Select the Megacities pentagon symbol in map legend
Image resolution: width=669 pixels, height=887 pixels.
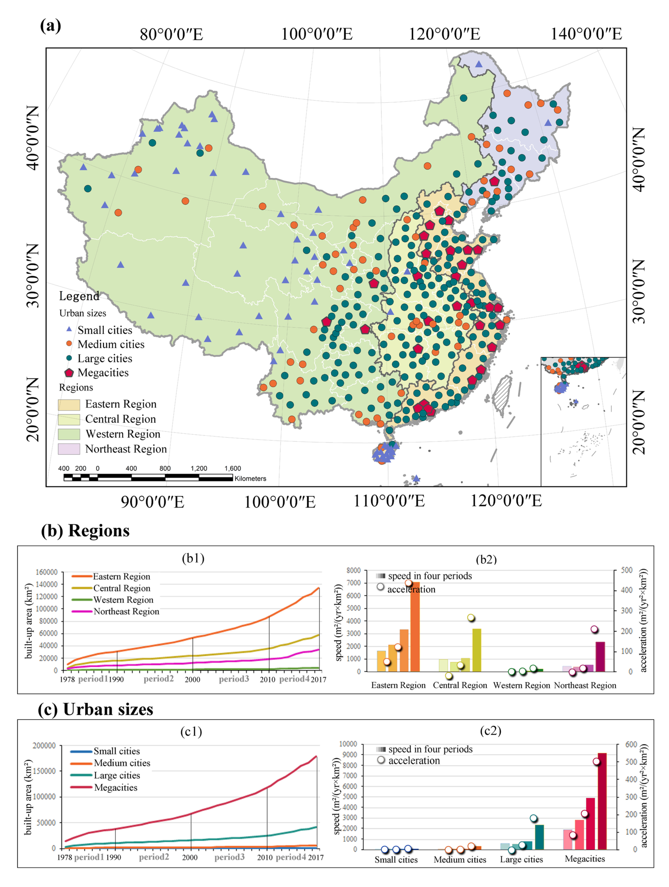click(69, 373)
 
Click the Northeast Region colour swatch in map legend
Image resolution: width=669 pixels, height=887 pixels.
click(69, 449)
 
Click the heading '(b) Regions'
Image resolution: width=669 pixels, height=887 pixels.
click(85, 531)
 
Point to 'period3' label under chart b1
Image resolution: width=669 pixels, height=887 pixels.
click(234, 679)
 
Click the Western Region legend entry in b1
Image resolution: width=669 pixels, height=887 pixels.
click(123, 600)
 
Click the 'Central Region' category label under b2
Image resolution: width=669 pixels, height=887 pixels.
click(460, 685)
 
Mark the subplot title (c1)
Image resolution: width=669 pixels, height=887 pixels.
click(191, 732)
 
